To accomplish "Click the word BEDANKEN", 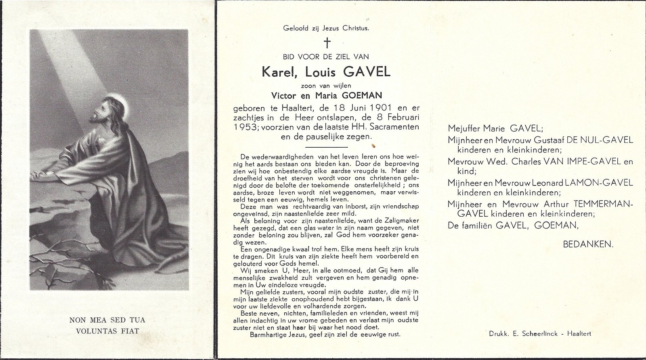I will coord(587,244).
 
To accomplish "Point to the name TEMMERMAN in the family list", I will coord(604,204).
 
